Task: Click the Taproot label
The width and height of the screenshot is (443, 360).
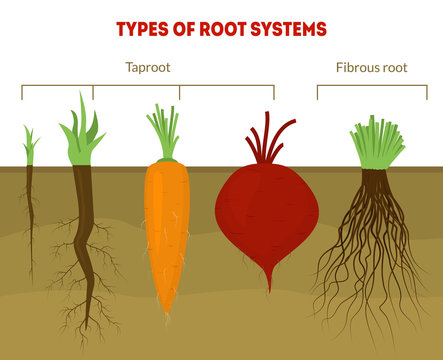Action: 147,69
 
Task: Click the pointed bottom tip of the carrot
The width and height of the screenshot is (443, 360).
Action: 168,308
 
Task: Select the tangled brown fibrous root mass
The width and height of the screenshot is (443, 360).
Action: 373,250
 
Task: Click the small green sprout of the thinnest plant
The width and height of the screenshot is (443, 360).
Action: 30,146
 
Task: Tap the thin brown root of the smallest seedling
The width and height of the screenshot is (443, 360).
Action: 30,215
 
